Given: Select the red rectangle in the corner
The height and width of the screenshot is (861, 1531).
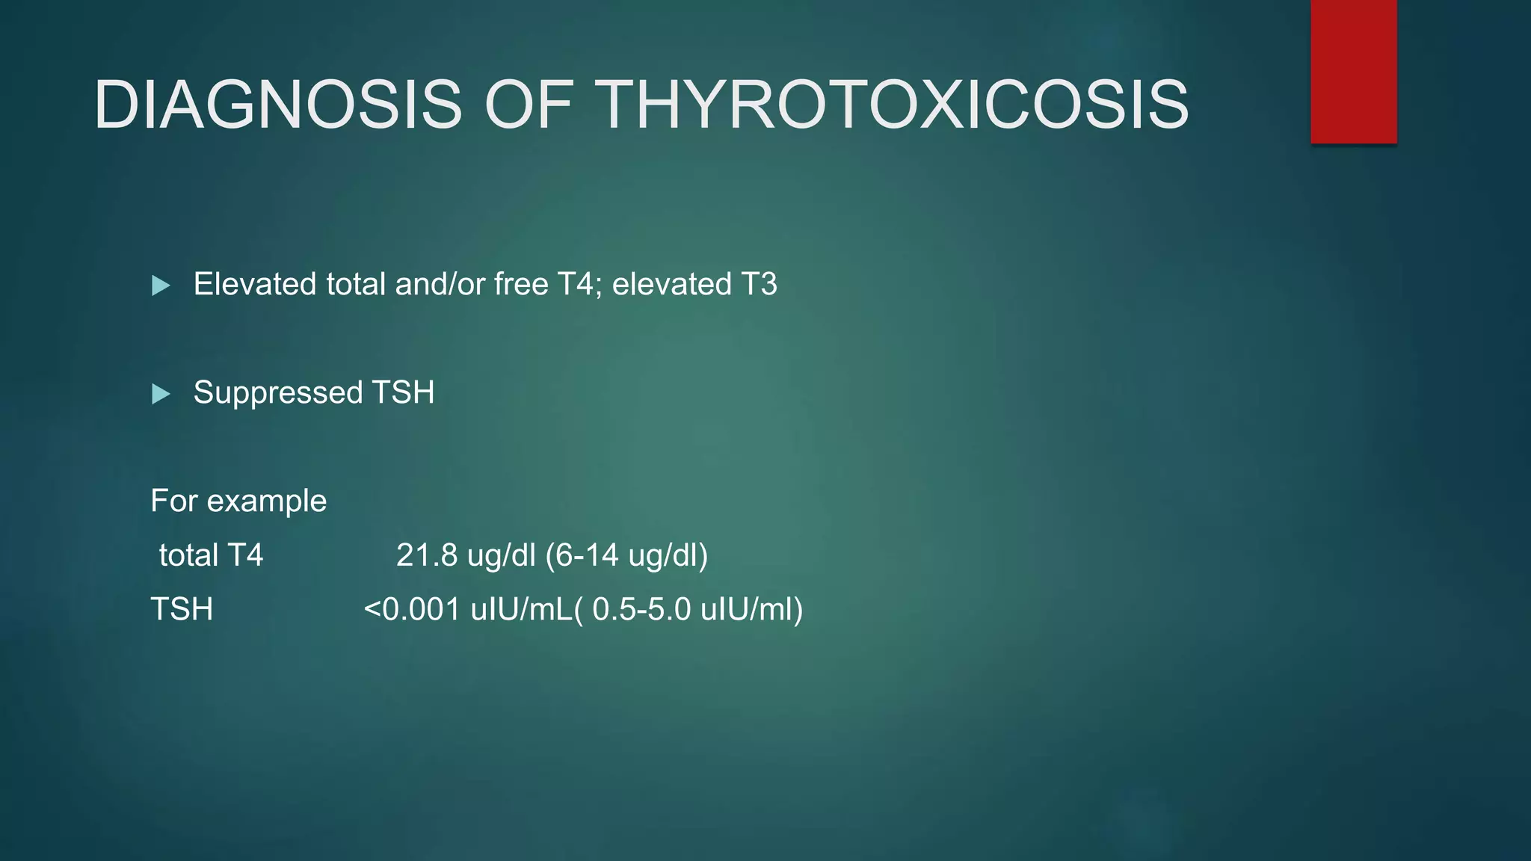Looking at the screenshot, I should pos(1353,72).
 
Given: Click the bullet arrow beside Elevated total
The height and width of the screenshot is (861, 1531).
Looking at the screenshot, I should pos(161,286).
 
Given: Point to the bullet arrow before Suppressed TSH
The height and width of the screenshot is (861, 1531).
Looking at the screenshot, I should pos(161,394).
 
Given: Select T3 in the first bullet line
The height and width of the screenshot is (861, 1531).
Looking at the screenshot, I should pos(759,285).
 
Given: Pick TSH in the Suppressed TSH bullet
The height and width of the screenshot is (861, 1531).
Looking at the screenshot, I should pos(403,393).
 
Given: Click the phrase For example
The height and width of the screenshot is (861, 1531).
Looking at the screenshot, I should pos(238,502).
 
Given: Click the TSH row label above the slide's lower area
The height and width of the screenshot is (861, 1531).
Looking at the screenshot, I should pos(182,610).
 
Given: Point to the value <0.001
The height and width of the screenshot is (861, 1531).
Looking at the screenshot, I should pos(412,610).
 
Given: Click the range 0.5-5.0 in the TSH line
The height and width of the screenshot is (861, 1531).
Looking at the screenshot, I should pos(641,610).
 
